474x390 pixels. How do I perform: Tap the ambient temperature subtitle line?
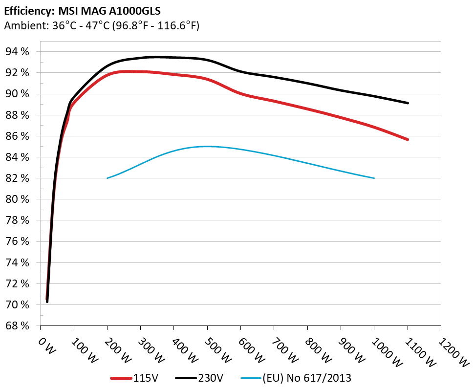[101, 26]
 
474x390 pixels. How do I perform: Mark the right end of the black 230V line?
[408, 103]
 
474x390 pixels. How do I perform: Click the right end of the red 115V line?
[408, 139]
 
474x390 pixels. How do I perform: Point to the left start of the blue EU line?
[108, 178]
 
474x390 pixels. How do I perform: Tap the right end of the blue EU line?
[374, 178]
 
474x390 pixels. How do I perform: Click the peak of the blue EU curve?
[208, 146]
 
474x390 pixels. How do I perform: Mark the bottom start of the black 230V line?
[47, 302]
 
